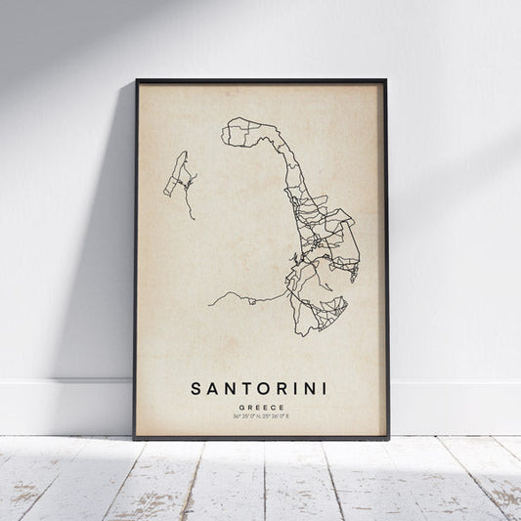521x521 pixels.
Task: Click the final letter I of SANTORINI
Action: click(x=324, y=389)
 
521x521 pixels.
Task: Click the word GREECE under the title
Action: click(x=259, y=407)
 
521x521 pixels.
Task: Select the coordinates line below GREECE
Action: click(x=259, y=416)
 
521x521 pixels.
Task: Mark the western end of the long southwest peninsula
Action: click(x=209, y=303)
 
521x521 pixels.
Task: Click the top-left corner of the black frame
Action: click(x=137, y=80)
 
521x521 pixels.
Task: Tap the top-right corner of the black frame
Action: click(x=385, y=80)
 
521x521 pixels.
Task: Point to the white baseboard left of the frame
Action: click(x=59, y=406)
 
